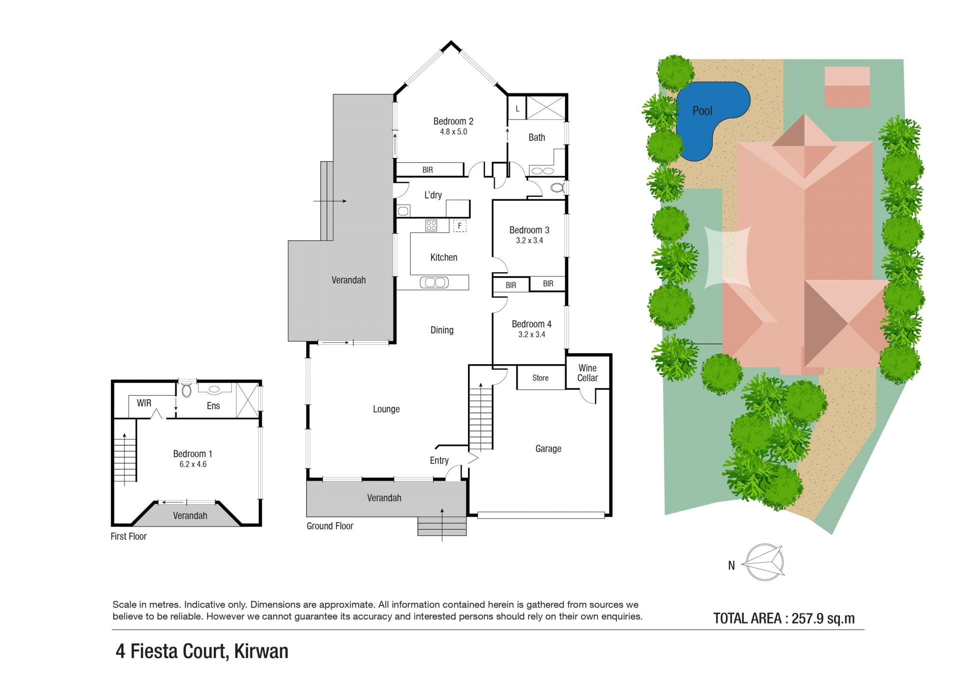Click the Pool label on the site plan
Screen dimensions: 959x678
[702, 111]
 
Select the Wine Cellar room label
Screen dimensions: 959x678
[587, 373]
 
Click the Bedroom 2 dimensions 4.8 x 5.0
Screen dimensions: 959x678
[454, 132]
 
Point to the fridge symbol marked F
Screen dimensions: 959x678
[460, 226]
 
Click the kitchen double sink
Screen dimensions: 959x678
[434, 283]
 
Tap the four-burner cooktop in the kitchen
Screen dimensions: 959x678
[431, 225]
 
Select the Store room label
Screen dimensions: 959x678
[540, 378]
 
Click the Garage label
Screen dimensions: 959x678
[548, 449]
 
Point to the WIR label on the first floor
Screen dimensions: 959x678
[144, 403]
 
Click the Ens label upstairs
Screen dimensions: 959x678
[213, 406]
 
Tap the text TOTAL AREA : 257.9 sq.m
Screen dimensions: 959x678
[784, 619]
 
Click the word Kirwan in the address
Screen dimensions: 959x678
[261, 652]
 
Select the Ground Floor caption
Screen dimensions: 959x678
[330, 526]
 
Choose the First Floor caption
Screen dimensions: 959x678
[128, 537]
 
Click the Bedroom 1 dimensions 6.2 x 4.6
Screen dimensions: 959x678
[193, 464]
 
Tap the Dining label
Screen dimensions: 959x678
[442, 330]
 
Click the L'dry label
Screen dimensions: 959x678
[433, 195]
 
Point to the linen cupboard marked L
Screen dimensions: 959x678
[517, 108]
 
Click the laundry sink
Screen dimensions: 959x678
[403, 211]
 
